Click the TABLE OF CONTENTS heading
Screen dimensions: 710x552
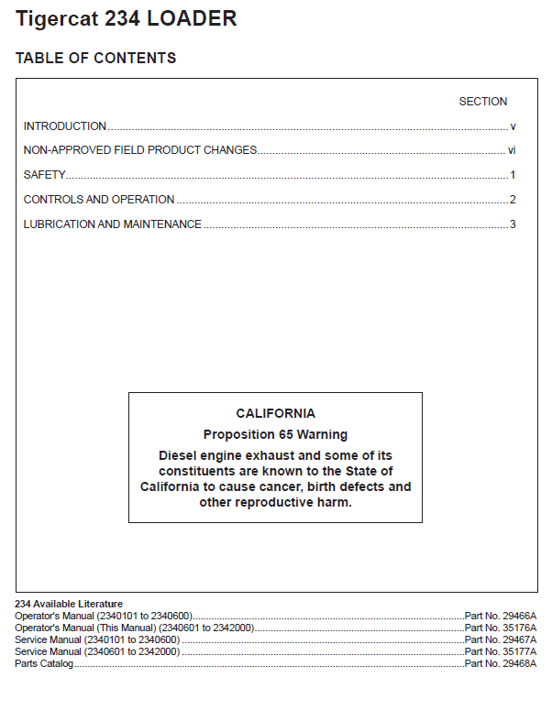[95, 59]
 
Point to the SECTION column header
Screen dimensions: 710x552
[482, 102]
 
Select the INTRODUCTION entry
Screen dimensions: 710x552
[64, 126]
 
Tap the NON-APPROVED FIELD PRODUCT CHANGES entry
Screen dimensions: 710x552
[139, 150]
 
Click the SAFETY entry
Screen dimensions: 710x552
[44, 175]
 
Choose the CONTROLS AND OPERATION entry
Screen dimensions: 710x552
[98, 200]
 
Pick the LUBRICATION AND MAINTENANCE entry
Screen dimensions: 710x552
[112, 224]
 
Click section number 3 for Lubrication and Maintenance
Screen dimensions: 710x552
[513, 224]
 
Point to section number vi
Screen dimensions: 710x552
[512, 150]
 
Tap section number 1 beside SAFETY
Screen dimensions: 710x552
[513, 175]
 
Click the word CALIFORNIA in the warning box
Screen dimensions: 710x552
[275, 413]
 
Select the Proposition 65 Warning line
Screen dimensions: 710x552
[275, 434]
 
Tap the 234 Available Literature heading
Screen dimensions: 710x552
[69, 604]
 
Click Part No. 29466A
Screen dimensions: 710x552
[501, 616]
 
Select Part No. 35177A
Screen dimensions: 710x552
[501, 651]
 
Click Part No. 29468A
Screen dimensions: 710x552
[501, 663]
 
